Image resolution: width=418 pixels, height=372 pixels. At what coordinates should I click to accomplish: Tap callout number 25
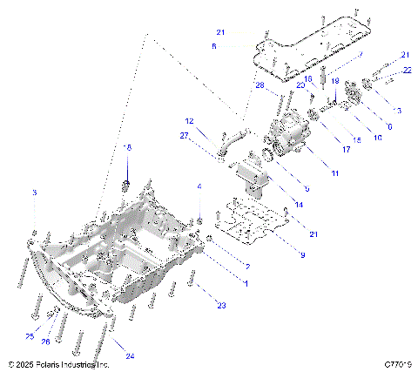pos(30,336)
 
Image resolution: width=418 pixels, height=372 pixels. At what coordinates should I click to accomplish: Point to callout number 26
pos(47,342)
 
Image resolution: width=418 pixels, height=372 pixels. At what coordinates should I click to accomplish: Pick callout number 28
pos(260,85)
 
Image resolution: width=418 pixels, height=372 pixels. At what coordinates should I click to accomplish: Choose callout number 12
pos(188,120)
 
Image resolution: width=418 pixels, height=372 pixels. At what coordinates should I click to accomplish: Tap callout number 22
pos(407,70)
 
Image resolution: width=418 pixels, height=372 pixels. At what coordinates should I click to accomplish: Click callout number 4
pos(199,186)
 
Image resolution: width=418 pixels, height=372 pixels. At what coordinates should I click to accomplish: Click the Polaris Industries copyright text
pos(57,363)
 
